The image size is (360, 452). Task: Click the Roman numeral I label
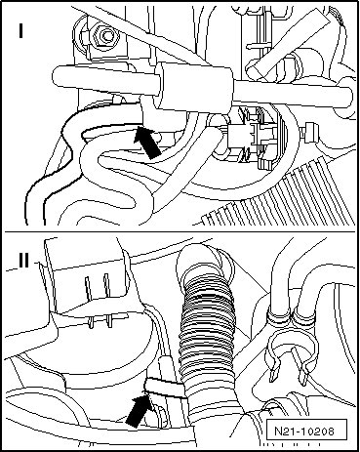[x=21, y=30]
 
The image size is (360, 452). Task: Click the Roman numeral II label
[x=23, y=260]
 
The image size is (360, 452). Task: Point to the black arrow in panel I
[x=148, y=143]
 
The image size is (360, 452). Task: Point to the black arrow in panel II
[x=139, y=410]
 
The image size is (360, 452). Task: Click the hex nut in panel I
[x=104, y=36]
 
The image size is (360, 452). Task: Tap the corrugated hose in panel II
[x=208, y=325]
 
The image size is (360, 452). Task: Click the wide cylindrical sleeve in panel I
[x=194, y=87]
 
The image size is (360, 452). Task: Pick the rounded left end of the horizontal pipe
[x=58, y=76]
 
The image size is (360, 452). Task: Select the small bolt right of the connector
[x=309, y=134]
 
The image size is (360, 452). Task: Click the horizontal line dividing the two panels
[x=180, y=231]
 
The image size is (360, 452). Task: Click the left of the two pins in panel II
[x=89, y=301]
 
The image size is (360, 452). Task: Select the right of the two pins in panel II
[x=107, y=300]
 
